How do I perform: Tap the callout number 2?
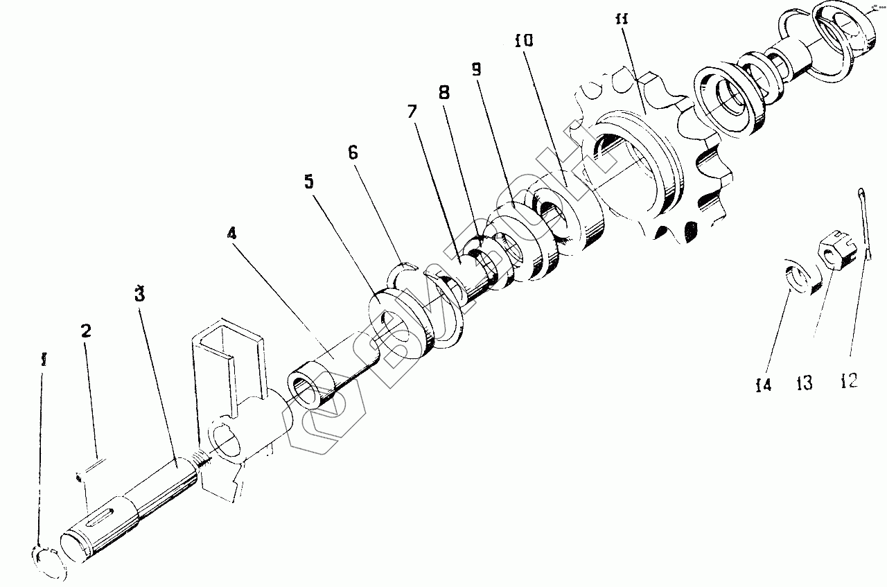86,331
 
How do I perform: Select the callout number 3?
140,293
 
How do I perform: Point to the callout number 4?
231,234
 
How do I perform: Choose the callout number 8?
443,92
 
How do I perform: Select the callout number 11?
620,20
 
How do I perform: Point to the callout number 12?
849,380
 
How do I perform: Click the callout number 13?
805,383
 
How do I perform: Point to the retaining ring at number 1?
49,559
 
